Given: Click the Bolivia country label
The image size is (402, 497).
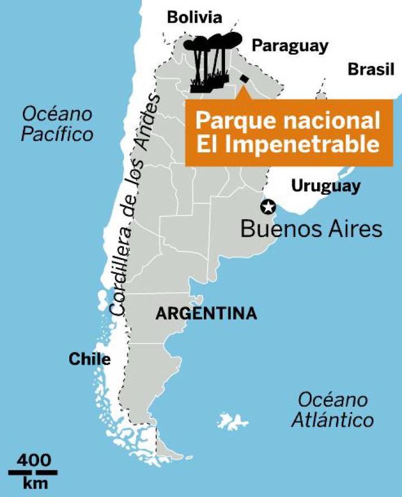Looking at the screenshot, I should [195, 18].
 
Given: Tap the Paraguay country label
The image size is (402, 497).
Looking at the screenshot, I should [289, 46].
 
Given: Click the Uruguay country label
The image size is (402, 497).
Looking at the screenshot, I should [326, 186].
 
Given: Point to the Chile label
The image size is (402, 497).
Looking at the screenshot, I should [89, 359].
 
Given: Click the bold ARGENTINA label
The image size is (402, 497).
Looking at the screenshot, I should [207, 313].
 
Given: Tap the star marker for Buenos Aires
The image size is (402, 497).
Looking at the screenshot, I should [269, 208].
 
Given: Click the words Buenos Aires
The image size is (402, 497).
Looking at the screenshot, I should [312, 229].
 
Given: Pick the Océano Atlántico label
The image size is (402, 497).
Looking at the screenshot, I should [332, 410].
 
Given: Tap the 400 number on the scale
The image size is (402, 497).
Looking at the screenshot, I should [33, 461].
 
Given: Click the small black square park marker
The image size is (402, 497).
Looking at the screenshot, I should [244, 79].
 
